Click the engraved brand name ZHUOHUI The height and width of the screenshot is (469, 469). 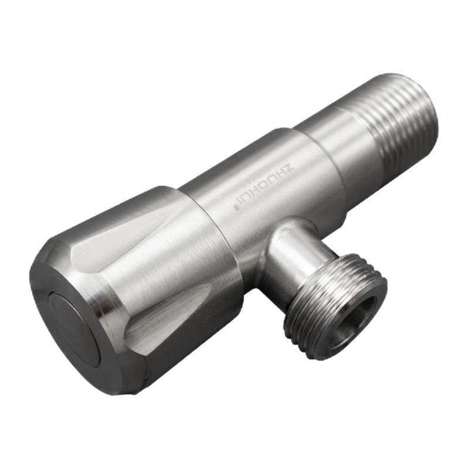pyautogui.click(x=266, y=186)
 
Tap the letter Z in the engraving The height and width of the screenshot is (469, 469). pyautogui.click(x=290, y=167)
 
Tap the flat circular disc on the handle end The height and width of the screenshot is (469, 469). pyautogui.click(x=74, y=328)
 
